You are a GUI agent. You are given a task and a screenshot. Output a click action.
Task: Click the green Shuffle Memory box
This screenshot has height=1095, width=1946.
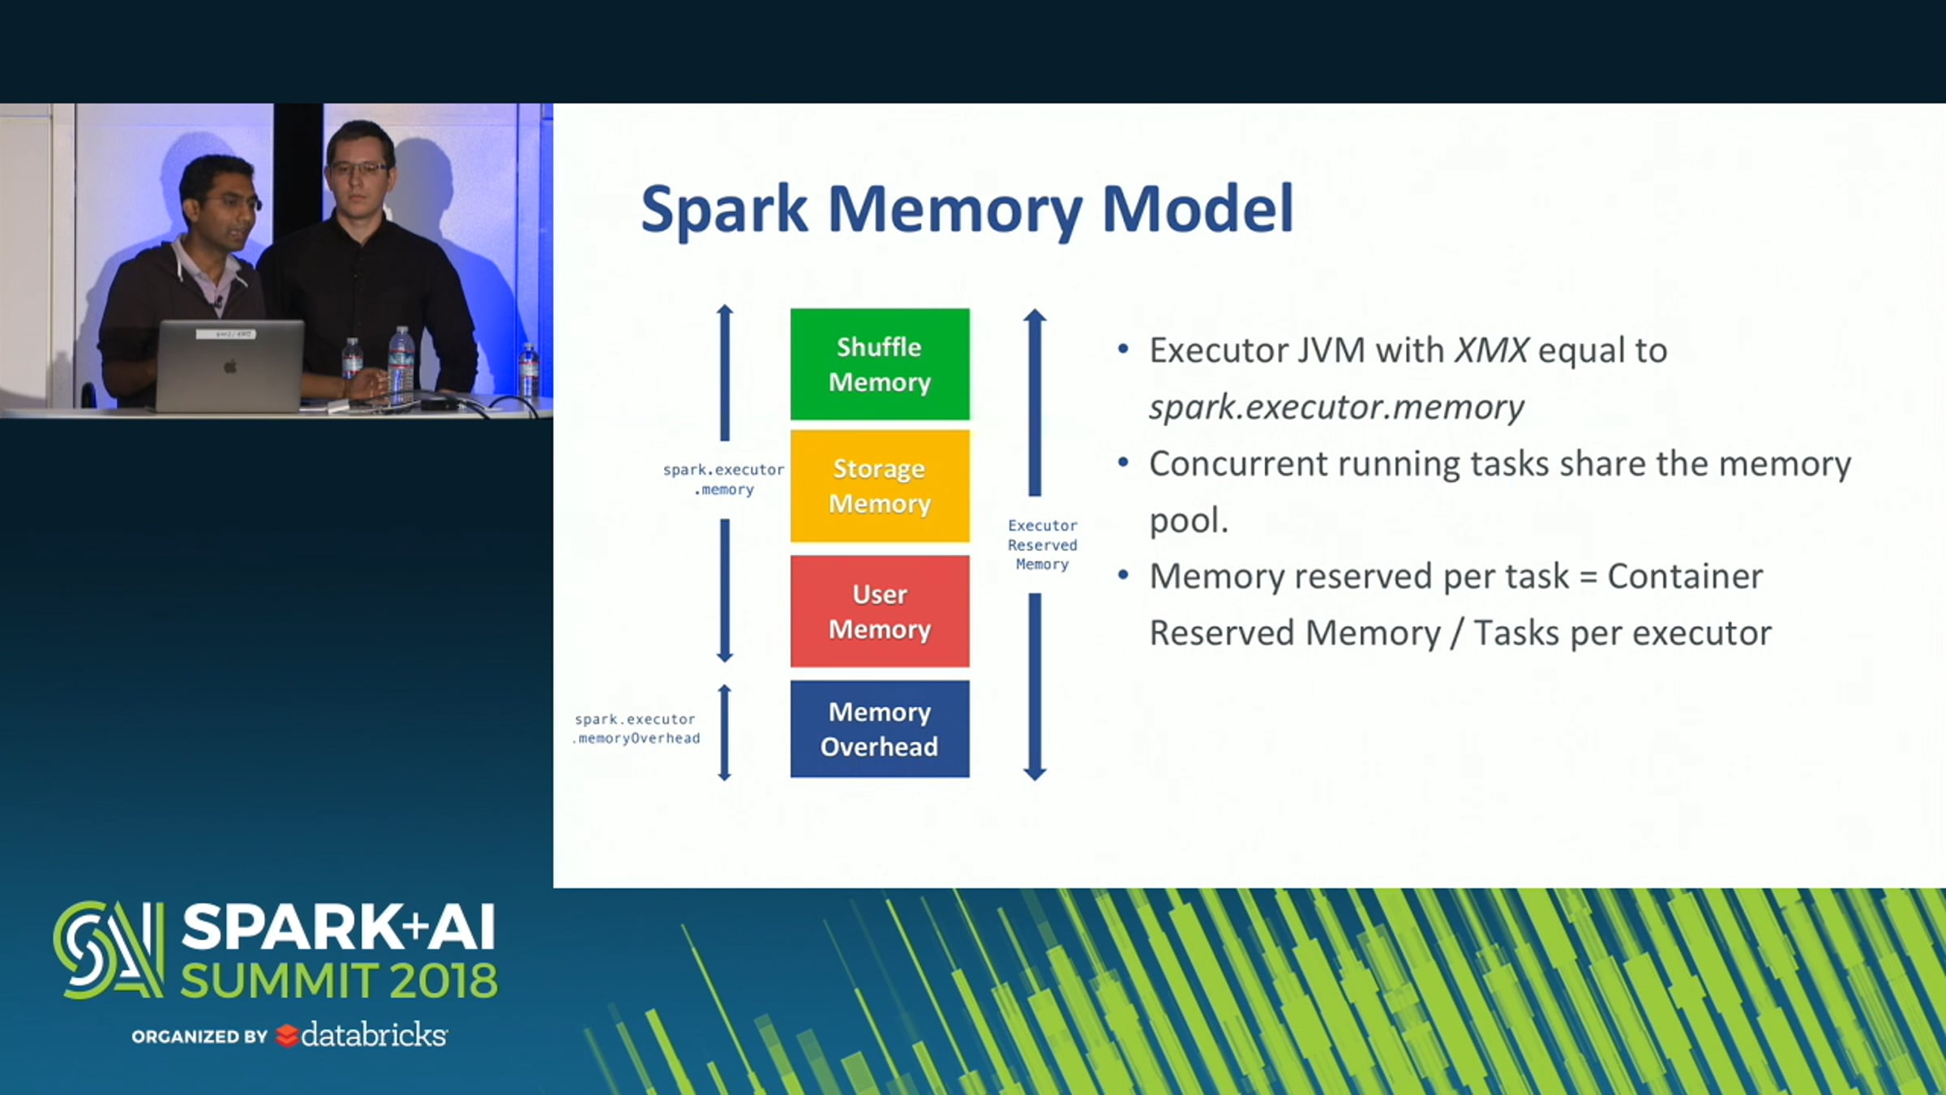pos(880,364)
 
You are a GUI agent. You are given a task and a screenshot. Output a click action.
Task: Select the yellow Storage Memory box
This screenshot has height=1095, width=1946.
pos(880,486)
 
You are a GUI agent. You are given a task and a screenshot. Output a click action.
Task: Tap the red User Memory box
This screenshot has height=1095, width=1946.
pos(880,612)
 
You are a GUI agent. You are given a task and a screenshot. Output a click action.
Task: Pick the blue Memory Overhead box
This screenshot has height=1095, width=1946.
pos(880,729)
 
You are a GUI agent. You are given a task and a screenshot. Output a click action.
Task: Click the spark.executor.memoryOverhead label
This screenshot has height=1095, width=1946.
pos(637,728)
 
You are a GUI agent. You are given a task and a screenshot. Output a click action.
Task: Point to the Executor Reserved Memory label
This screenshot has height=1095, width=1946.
pos(1043,545)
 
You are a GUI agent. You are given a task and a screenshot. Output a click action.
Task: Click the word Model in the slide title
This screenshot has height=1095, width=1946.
pos(1198,209)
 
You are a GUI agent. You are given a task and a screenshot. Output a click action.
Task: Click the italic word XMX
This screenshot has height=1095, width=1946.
pos(1491,350)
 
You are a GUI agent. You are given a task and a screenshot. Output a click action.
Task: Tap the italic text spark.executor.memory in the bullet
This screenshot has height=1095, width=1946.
pos(1336,407)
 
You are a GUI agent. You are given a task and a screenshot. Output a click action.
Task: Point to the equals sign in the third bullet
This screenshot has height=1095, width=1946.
pos(1588,578)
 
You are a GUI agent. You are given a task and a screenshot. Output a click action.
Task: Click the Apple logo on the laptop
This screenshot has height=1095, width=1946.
pos(230,367)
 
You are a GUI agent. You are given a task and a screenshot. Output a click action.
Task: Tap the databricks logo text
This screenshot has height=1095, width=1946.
pos(373,1035)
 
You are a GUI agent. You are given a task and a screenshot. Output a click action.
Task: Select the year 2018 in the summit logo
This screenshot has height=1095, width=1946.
pos(444,981)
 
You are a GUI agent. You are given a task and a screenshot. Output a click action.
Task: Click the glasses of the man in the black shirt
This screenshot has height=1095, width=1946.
pos(359,170)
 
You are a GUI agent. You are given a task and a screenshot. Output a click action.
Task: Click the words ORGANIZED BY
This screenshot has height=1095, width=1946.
pos(199,1037)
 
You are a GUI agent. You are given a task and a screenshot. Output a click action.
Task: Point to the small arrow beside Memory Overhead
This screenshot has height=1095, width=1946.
pos(725,732)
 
